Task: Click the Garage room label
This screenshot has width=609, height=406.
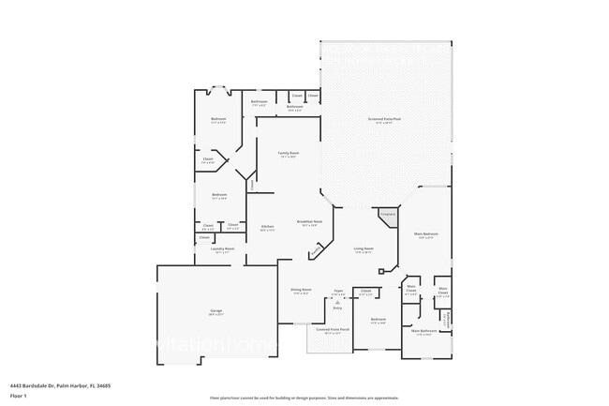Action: (215, 310)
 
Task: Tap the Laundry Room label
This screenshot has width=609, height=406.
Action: (222, 248)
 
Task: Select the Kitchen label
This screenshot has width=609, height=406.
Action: (267, 227)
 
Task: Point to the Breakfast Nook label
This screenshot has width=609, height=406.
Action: (308, 222)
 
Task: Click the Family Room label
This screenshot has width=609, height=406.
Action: (288, 153)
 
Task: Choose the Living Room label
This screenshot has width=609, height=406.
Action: (364, 249)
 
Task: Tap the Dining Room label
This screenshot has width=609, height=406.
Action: (300, 290)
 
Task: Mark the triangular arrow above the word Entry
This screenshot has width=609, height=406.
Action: (338, 302)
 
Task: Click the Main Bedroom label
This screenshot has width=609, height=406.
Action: (425, 234)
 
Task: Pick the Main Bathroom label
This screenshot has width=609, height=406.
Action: (423, 330)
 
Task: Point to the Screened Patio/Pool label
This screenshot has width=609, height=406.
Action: (383, 120)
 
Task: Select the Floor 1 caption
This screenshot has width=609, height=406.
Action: (19, 396)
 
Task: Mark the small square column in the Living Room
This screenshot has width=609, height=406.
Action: (381, 272)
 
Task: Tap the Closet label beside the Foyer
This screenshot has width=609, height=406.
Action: (365, 291)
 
